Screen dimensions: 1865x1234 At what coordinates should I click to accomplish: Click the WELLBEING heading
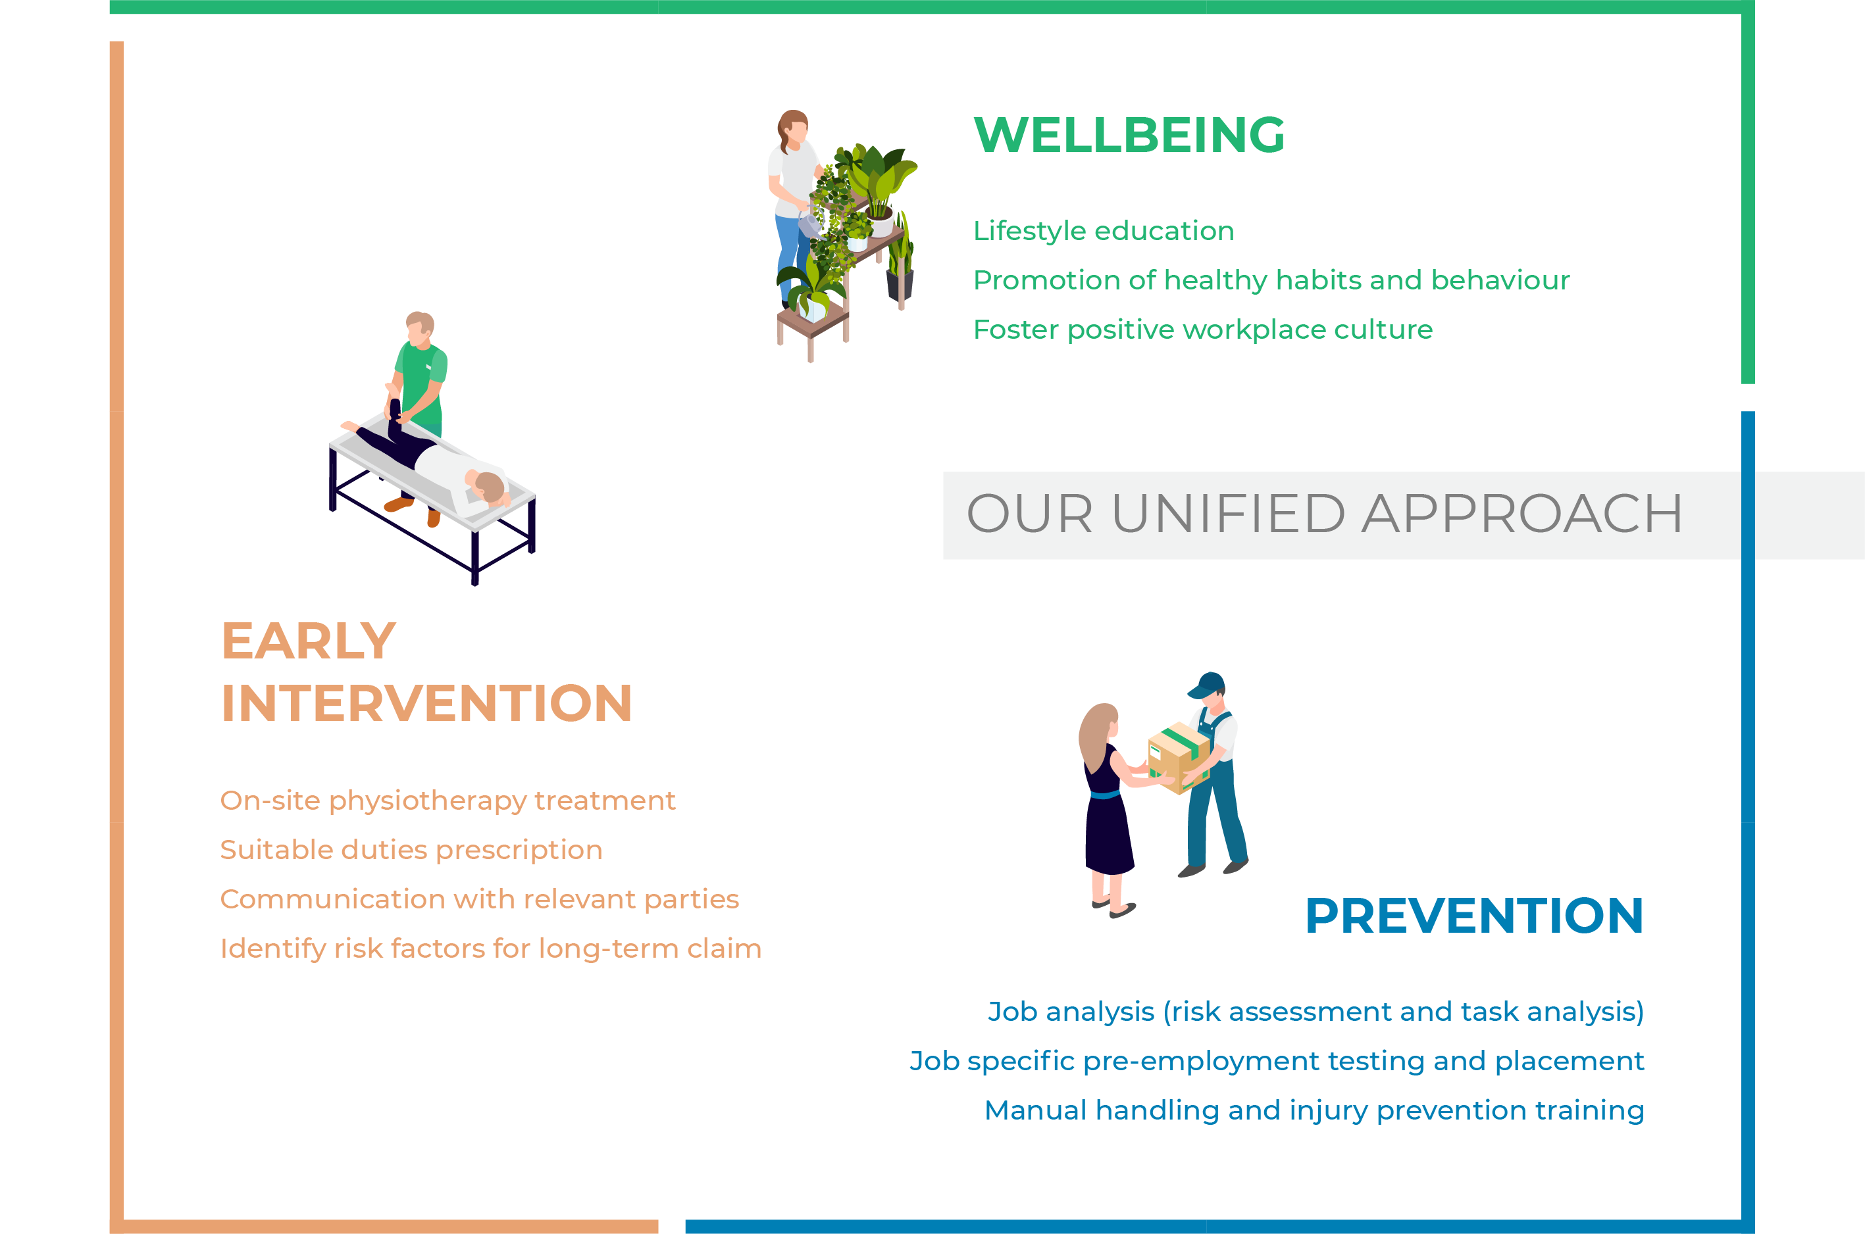click(1129, 135)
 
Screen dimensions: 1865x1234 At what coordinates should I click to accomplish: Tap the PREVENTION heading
click(1473, 916)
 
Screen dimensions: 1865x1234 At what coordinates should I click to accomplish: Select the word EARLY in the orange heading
click(309, 641)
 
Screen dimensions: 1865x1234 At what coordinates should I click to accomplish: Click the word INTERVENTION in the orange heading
click(426, 702)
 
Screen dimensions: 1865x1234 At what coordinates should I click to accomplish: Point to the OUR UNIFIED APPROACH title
click(1324, 514)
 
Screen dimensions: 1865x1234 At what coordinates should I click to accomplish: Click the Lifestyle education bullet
click(1104, 231)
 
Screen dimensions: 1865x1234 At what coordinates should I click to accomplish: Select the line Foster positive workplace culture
click(1203, 330)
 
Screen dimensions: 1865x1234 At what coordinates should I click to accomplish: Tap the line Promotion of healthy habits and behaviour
click(1271, 280)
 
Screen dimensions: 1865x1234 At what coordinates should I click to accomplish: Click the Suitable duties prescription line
click(411, 850)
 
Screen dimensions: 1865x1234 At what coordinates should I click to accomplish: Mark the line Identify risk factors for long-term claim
click(490, 949)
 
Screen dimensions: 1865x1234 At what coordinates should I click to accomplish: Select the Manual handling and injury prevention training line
click(1314, 1110)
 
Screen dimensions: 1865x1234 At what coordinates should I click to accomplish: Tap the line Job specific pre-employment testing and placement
click(1277, 1061)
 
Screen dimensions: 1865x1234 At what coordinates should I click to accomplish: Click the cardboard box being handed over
click(1179, 758)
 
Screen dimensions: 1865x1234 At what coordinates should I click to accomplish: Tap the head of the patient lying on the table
click(488, 485)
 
